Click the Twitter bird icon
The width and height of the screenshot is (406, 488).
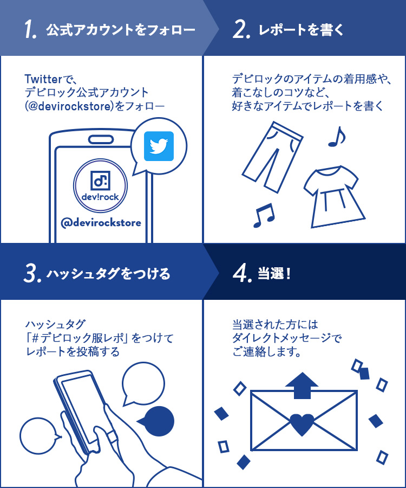click(159, 146)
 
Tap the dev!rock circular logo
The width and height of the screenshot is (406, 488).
click(100, 185)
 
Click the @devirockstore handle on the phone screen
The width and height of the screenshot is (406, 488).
click(101, 222)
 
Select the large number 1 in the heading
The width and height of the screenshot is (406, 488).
click(30, 30)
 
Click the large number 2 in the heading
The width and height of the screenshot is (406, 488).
click(241, 30)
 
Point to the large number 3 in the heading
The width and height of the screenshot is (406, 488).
click(32, 273)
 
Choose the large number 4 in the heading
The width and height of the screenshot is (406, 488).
click(242, 273)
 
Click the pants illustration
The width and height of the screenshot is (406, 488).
click(272, 157)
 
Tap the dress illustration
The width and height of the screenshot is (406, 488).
click(334, 196)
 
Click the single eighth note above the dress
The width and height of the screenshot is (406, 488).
click(337, 137)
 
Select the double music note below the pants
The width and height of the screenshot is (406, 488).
click(264, 215)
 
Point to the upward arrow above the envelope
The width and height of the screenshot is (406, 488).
click(302, 386)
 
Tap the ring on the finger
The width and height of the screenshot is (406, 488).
click(112, 436)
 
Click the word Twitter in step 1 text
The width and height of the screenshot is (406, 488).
click(43, 79)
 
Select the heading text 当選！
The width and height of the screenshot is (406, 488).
click(274, 274)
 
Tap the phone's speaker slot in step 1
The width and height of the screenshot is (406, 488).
click(101, 139)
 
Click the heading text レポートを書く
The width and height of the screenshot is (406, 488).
click(301, 30)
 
